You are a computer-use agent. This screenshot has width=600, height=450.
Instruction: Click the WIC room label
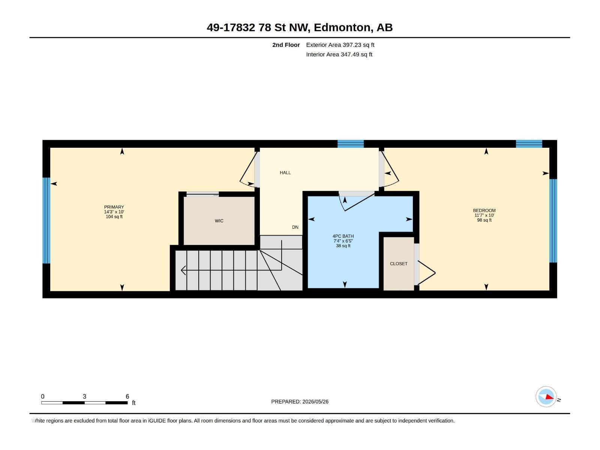point(219,221)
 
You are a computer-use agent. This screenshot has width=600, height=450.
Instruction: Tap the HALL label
point(285,172)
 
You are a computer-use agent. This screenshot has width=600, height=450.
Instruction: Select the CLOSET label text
point(399,264)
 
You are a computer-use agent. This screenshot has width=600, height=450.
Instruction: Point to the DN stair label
point(295,227)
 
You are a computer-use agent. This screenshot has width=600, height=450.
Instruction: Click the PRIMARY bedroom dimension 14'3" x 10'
point(114,212)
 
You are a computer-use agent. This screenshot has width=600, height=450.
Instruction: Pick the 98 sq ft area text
point(484,220)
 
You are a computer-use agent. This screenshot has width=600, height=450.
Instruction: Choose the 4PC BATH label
point(343,236)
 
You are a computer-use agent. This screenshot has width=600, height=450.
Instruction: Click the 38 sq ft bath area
point(343,246)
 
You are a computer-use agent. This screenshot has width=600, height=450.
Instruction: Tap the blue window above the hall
point(350,144)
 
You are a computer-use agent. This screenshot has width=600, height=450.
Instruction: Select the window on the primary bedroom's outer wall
point(46,220)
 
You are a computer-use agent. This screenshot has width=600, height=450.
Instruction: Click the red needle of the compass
point(549,397)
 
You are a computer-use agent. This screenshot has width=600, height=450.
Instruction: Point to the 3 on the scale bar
point(84,396)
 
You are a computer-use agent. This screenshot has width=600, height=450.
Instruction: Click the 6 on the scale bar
point(127,396)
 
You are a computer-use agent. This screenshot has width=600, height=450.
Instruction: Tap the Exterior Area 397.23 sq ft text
point(340,45)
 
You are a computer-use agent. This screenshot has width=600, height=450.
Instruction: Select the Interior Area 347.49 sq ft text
point(339,54)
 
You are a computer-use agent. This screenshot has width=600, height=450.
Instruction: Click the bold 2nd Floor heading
point(286,45)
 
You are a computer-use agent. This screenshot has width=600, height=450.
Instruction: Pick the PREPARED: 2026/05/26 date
point(300,402)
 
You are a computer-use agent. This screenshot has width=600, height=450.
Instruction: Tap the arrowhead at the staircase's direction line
point(183,270)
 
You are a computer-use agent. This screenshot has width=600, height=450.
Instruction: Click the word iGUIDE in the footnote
point(157,421)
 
